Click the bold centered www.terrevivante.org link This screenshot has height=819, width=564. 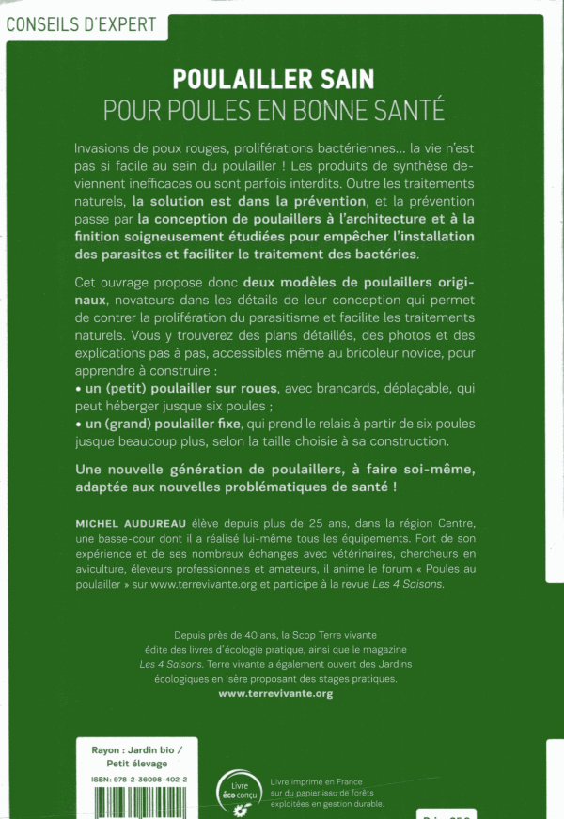tap(275, 693)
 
